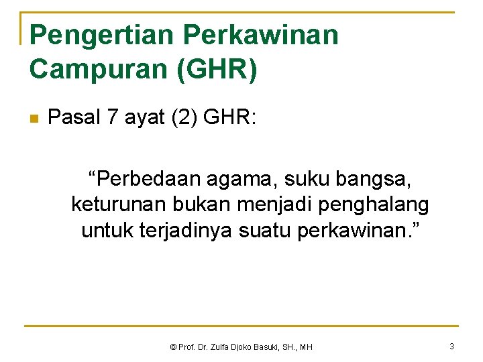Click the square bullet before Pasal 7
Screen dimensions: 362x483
(34, 119)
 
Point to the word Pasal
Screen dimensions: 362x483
(73, 118)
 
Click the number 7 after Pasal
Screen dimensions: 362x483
(111, 118)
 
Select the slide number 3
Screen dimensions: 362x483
(451, 346)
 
